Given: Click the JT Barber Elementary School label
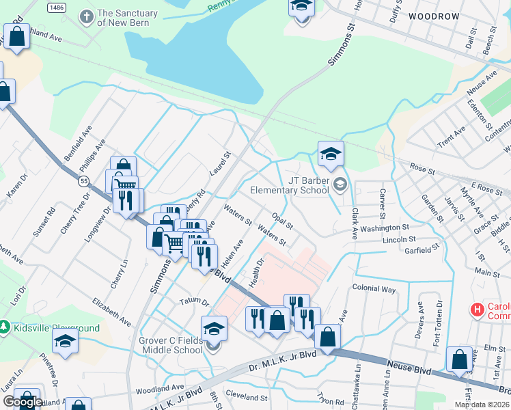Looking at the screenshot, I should [290, 185].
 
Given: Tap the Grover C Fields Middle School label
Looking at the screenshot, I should [166, 345].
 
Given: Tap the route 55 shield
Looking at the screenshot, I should [83, 180].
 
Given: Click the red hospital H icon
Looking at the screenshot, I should [478, 310].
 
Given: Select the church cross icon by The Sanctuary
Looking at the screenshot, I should [86, 16].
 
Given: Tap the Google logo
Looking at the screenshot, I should [23, 402].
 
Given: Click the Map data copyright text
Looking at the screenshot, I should [482, 405].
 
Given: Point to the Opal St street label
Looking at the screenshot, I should [281, 221].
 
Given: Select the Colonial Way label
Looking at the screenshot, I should [374, 288].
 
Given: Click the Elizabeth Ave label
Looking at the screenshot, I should [111, 310].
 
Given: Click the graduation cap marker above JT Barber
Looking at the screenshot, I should [331, 154].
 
